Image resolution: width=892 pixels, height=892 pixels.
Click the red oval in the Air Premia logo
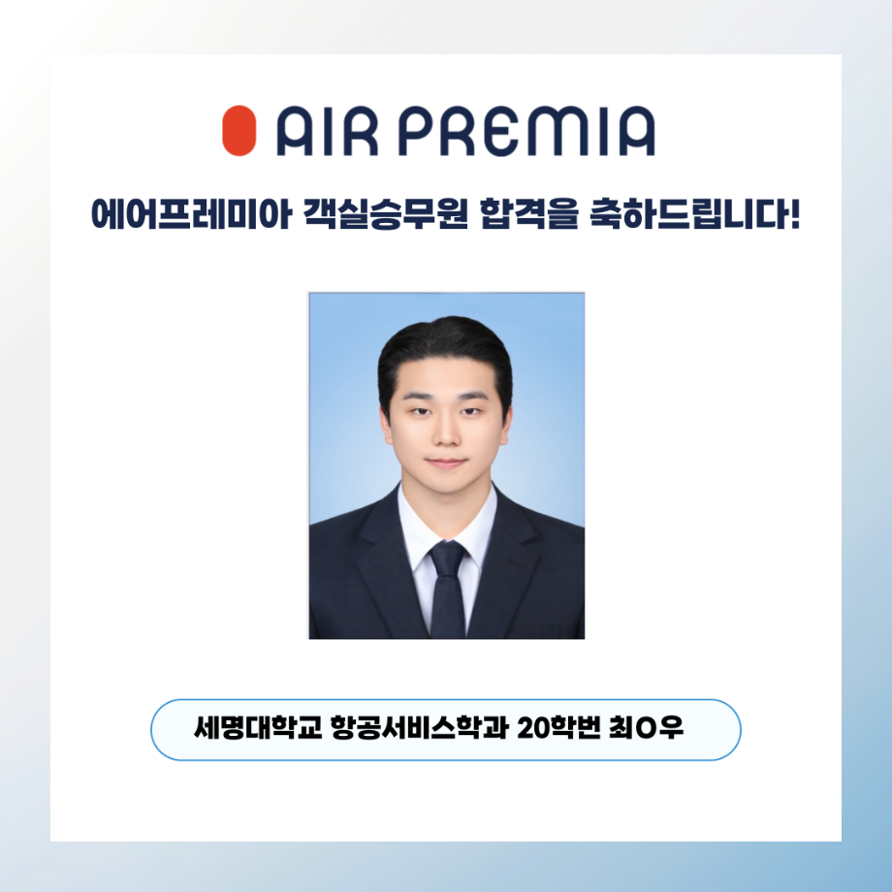point(239,131)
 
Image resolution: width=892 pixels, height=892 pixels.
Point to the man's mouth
point(446,463)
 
